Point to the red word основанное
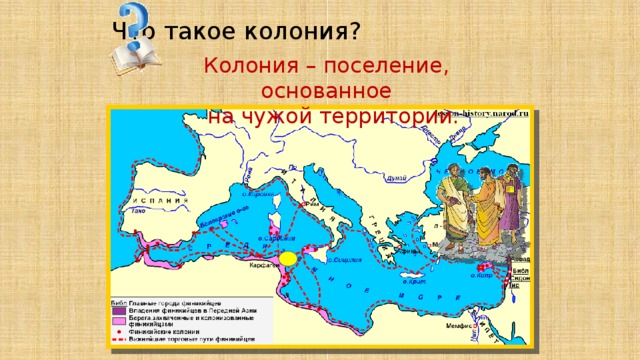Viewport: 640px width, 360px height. point(324,92)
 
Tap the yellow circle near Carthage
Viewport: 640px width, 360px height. point(288,258)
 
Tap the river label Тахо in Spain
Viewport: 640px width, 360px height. point(140,213)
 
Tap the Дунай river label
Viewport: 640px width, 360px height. point(396,178)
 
